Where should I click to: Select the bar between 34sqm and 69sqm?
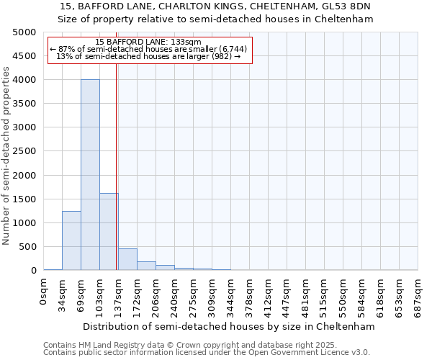[x=71, y=240]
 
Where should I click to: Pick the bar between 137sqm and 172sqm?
[x=127, y=259]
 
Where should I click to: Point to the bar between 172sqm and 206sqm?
[x=146, y=266]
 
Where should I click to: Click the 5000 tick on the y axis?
[x=24, y=32]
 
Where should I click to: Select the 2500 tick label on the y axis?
[x=24, y=151]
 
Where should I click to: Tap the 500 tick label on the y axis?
[x=27, y=247]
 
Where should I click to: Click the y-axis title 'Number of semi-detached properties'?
[x=6, y=156]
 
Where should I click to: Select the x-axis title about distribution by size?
[x=229, y=326]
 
